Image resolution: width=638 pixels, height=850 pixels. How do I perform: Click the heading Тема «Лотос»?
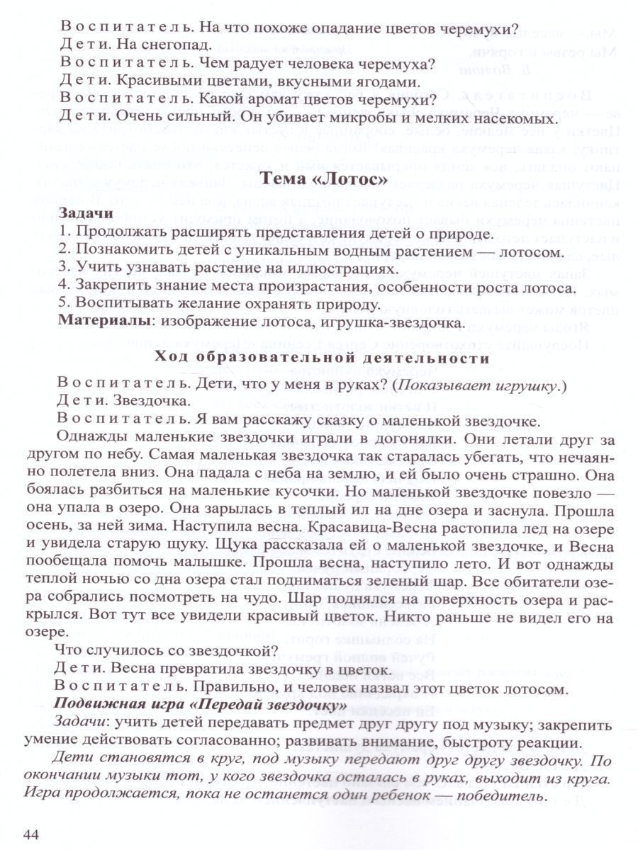tap(324, 179)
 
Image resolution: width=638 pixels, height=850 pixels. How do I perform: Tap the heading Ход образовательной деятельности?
tap(321, 358)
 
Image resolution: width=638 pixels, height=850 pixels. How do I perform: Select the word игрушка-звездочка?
tap(399, 323)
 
